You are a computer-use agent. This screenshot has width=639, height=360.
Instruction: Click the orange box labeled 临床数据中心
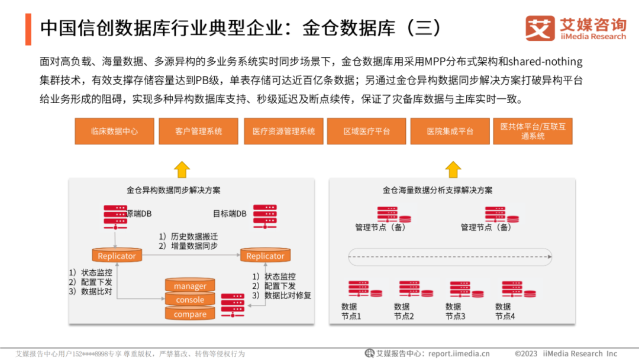coord(114,131)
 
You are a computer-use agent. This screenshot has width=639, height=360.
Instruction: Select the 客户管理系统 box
coord(198,131)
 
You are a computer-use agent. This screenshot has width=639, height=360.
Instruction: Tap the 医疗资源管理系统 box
coord(283,131)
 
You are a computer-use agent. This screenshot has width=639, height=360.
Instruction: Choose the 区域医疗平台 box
coord(367,131)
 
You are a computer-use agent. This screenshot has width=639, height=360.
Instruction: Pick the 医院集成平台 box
coord(450,131)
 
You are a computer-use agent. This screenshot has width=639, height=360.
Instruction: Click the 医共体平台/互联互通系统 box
coord(532,131)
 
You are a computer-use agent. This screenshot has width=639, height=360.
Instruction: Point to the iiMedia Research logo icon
coord(540,28)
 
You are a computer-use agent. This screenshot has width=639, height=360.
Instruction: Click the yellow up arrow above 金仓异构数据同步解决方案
coord(182,169)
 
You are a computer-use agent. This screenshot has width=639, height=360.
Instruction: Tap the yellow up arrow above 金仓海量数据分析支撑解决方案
coord(453,169)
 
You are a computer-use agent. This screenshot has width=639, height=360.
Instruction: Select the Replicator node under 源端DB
coord(117,256)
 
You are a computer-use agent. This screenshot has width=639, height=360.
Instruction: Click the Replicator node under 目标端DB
coord(265,256)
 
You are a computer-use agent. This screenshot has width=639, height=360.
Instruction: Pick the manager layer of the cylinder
coord(190,286)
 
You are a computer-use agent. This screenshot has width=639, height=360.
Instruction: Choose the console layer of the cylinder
coord(190,300)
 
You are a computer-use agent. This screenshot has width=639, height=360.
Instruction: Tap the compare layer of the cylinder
coord(190,314)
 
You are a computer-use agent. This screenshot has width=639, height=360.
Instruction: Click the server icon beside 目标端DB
coord(264,216)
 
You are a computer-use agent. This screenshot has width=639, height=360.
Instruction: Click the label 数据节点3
coord(454,311)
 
